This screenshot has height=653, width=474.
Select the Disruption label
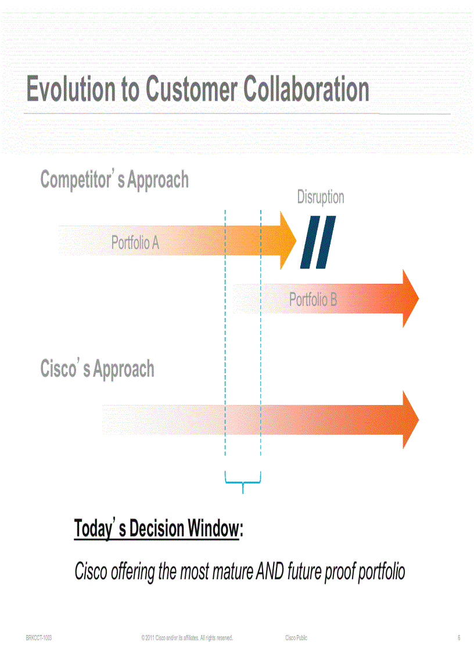(321, 197)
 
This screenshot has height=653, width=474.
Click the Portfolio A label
(135, 242)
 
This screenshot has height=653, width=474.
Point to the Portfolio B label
(313, 299)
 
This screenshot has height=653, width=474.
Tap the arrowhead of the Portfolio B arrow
(411, 298)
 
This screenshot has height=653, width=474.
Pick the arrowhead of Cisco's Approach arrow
(411, 419)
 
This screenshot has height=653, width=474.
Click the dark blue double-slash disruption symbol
(318, 242)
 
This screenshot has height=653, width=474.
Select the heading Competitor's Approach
(114, 180)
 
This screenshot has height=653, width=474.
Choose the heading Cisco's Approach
(98, 369)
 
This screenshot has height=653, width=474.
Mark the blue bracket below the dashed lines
(243, 481)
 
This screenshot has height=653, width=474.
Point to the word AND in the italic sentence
(270, 571)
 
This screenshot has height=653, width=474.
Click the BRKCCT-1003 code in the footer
(39, 638)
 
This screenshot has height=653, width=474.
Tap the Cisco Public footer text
(296, 638)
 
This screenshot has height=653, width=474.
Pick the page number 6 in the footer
(458, 638)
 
